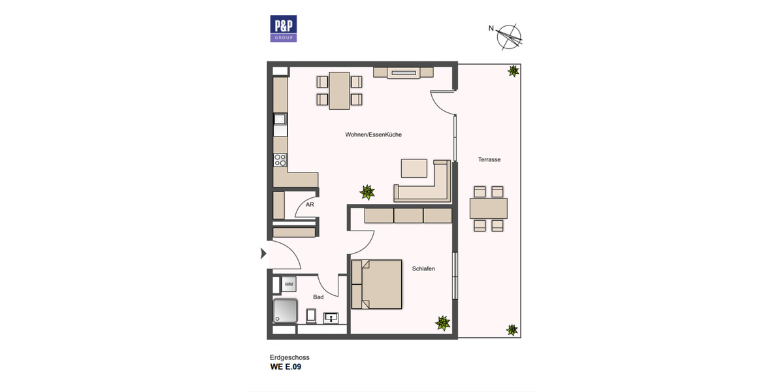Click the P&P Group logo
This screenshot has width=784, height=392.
point(284,29)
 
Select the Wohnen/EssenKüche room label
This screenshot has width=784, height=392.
point(374,135)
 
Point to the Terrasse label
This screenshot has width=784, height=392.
point(489,159)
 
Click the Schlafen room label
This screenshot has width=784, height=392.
point(423,269)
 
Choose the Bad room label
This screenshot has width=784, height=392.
point(318,297)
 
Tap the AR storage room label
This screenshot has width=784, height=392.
point(310,204)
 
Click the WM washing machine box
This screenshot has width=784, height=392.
point(289,284)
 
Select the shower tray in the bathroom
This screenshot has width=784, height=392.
point(286,311)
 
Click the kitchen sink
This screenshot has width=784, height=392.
point(280,119)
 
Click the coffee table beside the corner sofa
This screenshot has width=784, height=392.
point(414,168)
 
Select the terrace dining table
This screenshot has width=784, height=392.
point(488,208)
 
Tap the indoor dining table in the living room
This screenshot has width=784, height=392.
point(339,91)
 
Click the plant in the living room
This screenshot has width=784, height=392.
point(368,192)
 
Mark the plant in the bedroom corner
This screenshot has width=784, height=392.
point(443,323)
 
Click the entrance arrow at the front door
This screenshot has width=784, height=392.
point(264,253)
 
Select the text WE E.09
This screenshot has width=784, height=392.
point(286,367)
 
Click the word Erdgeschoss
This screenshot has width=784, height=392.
point(289,357)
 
